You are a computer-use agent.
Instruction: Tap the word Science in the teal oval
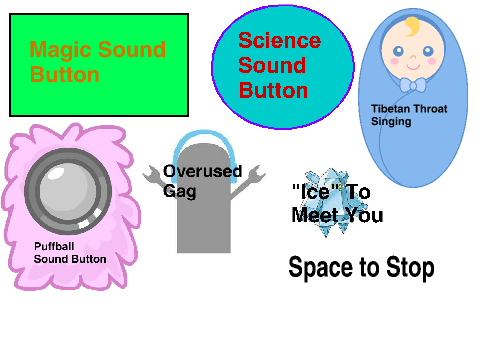click(x=280, y=41)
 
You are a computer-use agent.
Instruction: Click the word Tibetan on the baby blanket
click(x=390, y=109)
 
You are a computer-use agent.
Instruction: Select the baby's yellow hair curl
click(x=412, y=26)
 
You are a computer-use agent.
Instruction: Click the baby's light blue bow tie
click(x=413, y=85)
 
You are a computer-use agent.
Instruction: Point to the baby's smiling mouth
click(x=413, y=67)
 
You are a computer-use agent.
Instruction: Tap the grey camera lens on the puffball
click(x=68, y=191)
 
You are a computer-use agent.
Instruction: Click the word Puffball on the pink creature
click(x=54, y=246)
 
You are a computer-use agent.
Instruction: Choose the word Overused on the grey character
click(x=202, y=171)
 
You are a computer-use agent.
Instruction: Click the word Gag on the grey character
click(x=179, y=191)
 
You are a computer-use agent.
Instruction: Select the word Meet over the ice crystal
click(x=315, y=215)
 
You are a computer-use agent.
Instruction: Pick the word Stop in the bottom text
click(x=410, y=267)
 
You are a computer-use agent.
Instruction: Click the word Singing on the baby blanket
click(x=391, y=121)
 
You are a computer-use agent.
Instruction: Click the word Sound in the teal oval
click(x=272, y=65)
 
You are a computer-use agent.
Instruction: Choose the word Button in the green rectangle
click(x=65, y=75)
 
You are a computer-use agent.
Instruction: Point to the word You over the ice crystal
click(x=364, y=215)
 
